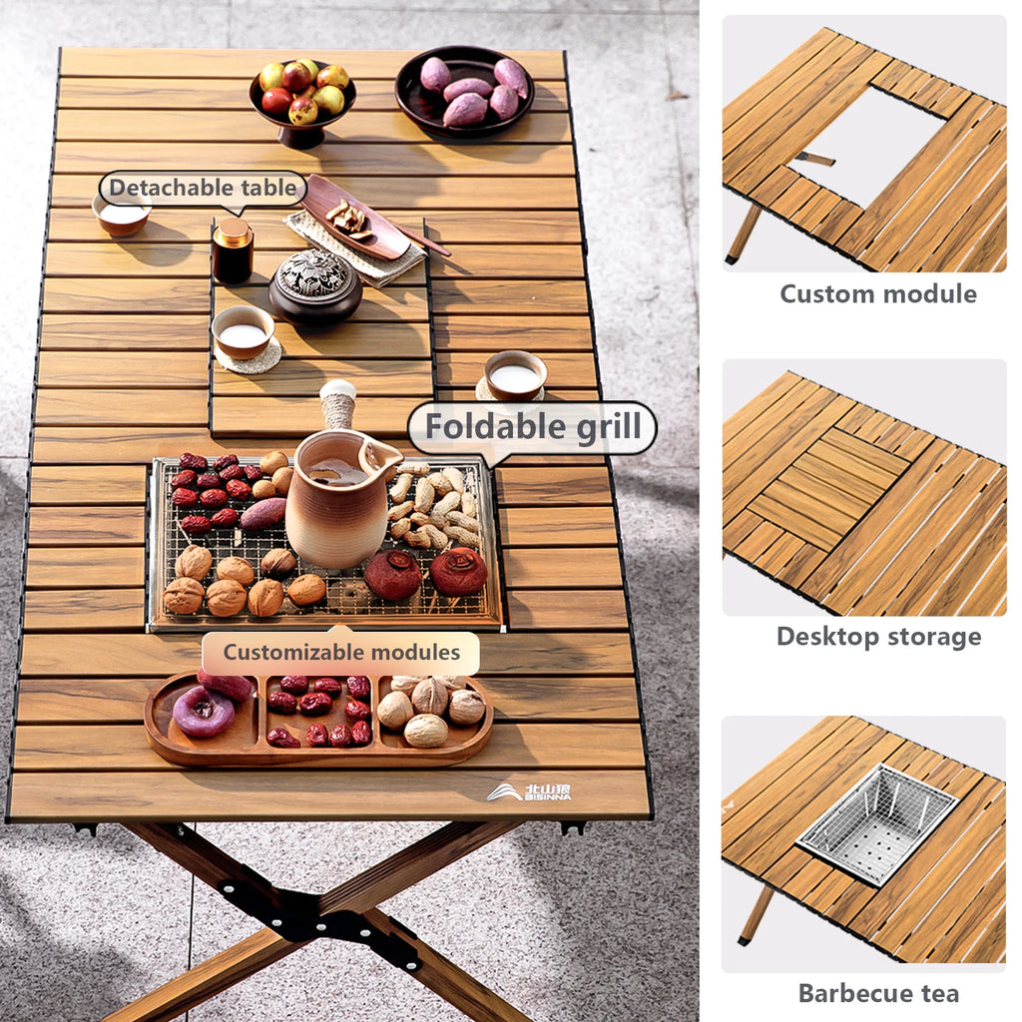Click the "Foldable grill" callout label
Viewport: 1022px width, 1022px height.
[532, 427]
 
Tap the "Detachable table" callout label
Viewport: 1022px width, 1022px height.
[202, 188]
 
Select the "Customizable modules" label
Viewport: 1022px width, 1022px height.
[341, 653]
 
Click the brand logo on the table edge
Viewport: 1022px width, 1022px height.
[530, 792]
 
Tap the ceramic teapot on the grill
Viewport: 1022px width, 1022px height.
[337, 504]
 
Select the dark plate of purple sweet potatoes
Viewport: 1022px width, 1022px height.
[464, 90]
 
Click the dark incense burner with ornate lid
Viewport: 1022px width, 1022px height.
[315, 287]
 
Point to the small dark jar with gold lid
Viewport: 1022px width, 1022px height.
[233, 251]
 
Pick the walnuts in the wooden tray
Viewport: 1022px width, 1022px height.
[432, 709]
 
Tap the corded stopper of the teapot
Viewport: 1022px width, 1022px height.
[337, 404]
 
